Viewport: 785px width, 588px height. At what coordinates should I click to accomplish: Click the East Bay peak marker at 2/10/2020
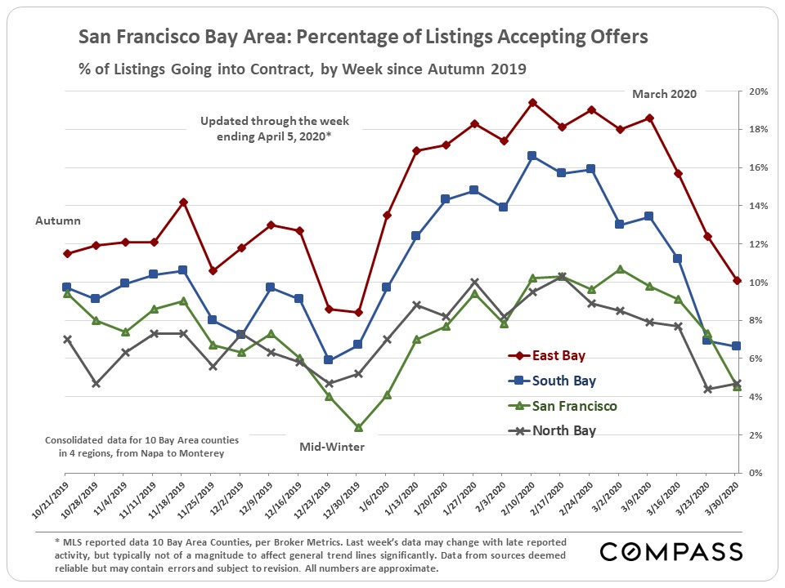532,103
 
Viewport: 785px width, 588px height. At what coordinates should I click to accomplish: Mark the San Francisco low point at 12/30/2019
358,427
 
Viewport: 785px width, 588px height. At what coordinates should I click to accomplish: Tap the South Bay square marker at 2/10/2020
532,155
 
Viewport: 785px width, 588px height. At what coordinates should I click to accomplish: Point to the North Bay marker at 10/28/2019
96,383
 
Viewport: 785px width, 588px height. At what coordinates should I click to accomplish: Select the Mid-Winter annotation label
331,448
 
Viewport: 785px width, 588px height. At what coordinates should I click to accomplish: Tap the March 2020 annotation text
664,94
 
